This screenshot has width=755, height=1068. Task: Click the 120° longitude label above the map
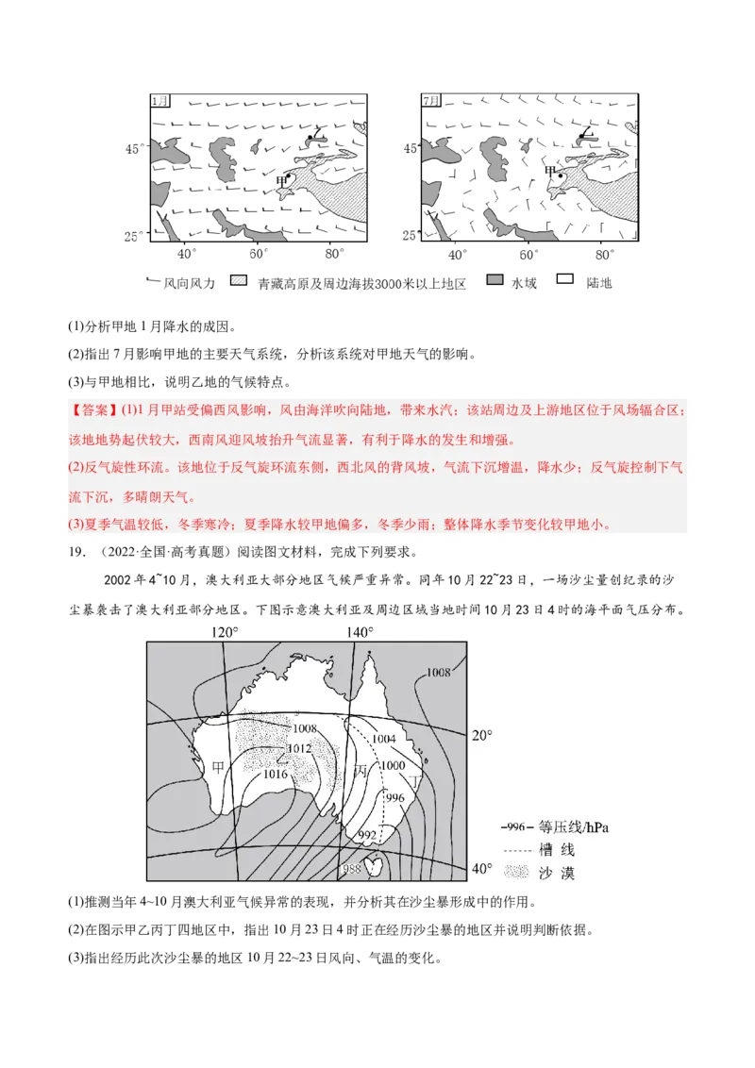(224, 632)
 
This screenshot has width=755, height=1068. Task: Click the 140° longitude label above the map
(360, 632)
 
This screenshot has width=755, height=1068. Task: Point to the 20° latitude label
(482, 735)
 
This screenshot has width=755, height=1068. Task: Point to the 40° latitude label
(482, 868)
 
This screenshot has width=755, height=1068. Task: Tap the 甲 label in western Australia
(218, 767)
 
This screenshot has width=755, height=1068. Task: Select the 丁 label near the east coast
(415, 781)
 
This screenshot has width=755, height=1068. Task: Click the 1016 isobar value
(275, 775)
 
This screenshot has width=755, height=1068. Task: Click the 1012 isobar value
(298, 748)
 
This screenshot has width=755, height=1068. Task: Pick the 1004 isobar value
(383, 739)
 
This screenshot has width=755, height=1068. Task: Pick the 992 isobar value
(366, 834)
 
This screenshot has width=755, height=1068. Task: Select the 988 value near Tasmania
(352, 868)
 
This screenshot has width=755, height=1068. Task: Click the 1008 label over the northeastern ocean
(438, 672)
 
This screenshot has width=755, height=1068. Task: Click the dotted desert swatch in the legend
(514, 873)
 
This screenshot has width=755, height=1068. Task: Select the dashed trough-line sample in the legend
(514, 850)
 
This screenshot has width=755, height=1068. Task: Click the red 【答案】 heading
(92, 410)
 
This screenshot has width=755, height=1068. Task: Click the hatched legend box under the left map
(239, 279)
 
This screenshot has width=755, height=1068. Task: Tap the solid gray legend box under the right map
(495, 279)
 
